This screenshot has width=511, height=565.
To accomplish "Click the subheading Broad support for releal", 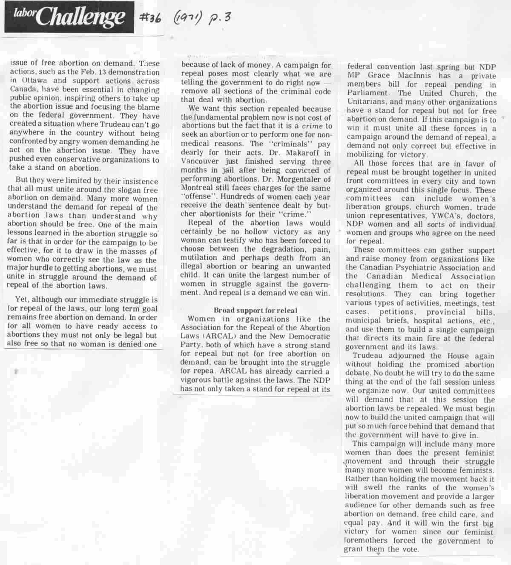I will click(x=255, y=310).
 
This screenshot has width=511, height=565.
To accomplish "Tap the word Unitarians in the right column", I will click(x=367, y=102).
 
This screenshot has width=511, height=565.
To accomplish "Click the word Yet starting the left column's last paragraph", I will click(x=21, y=300).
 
